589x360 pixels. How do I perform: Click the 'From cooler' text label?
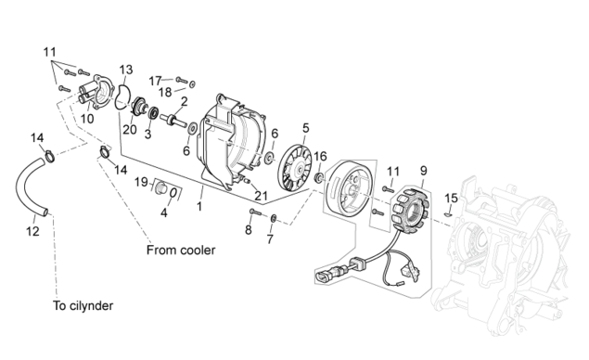(x=181, y=250)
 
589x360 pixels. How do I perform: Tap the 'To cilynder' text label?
(x=83, y=305)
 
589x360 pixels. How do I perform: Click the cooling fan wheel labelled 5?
(x=295, y=168)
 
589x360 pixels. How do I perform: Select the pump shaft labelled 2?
(x=173, y=120)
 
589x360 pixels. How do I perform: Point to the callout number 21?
(x=261, y=196)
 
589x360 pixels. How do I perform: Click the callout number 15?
(x=451, y=198)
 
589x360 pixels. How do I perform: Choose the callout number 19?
(x=141, y=183)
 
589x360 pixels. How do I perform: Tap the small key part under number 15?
(x=447, y=214)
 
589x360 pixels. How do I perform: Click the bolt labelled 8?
(x=255, y=212)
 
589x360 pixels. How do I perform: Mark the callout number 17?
(x=155, y=81)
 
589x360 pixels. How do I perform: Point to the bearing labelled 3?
(x=153, y=112)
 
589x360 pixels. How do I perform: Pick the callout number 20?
(x=130, y=130)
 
